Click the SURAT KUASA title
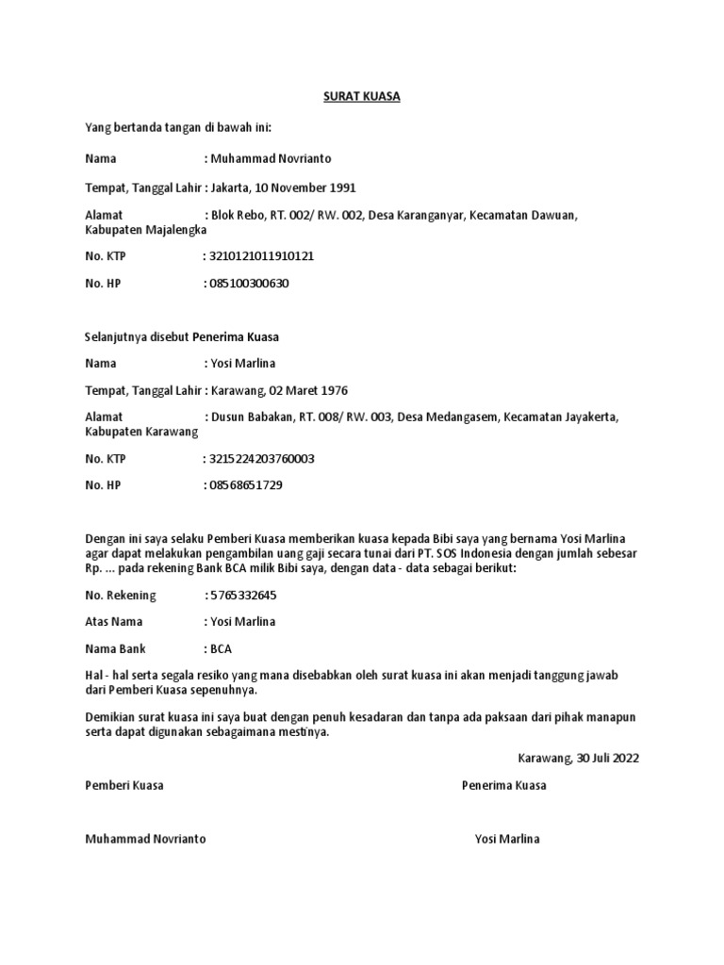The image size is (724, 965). [362, 97]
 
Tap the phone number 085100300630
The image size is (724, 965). [250, 282]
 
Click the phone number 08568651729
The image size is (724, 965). [246, 485]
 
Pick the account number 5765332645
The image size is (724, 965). [243, 596]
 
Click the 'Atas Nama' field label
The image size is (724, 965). [114, 622]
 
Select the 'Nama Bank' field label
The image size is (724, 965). [116, 649]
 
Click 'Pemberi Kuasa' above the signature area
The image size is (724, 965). [123, 785]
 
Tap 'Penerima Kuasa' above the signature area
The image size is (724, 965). [503, 785]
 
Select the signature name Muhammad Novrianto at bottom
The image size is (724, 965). [145, 839]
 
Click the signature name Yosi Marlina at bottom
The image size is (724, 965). [507, 839]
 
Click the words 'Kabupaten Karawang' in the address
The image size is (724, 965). [141, 432]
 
